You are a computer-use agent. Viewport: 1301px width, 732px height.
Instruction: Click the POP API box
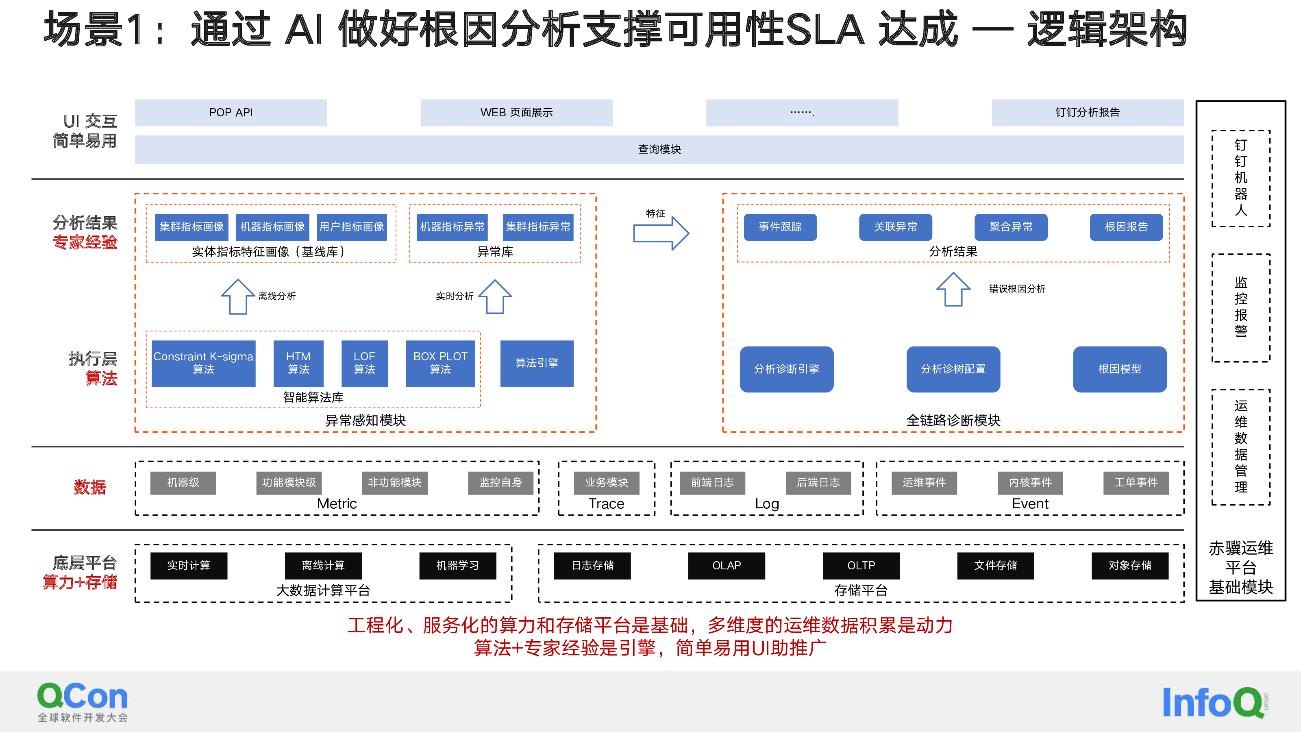[231, 113]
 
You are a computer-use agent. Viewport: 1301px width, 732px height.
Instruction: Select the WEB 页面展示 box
[516, 113]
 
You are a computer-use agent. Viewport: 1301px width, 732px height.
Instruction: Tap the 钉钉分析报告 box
[1088, 113]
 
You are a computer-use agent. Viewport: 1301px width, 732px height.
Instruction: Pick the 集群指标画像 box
[192, 227]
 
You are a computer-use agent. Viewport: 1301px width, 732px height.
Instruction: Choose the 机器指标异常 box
[452, 227]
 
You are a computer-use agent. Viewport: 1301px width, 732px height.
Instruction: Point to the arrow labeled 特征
[661, 233]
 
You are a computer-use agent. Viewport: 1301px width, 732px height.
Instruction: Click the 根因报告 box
[1126, 227]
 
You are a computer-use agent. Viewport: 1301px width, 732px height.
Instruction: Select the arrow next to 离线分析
[238, 296]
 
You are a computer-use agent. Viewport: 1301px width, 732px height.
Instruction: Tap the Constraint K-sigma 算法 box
[204, 363]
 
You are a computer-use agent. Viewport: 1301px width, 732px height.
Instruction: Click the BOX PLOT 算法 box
[440, 363]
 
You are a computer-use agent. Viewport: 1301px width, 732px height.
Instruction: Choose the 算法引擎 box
[537, 363]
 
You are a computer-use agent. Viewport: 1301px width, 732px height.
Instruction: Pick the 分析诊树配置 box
[953, 369]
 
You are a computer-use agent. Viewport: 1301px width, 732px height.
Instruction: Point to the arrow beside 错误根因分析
[953, 290]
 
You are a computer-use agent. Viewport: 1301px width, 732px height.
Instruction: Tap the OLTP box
[861, 566]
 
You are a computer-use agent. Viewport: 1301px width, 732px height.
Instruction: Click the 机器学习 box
[457, 566]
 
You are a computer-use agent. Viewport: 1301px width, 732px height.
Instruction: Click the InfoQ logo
[1215, 702]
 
